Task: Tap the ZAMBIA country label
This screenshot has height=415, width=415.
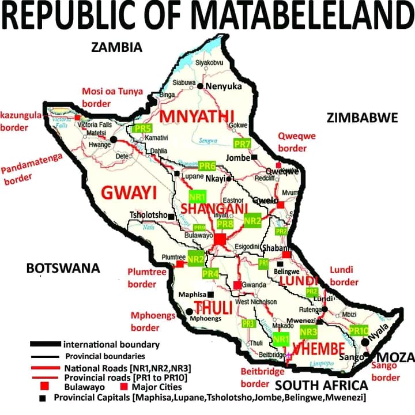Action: pos(116,47)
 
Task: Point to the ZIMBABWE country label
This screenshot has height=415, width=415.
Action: pos(362,118)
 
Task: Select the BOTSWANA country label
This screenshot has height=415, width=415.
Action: pos(63,268)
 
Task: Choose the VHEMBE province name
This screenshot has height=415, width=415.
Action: pos(319,349)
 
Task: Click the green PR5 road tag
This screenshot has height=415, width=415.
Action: pos(142,129)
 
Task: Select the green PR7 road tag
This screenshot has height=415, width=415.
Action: pos(243,143)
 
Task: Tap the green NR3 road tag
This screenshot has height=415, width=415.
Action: pos(310,331)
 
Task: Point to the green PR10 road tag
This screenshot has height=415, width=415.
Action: pos(359,330)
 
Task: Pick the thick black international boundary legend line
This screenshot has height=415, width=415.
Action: pos(46,345)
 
